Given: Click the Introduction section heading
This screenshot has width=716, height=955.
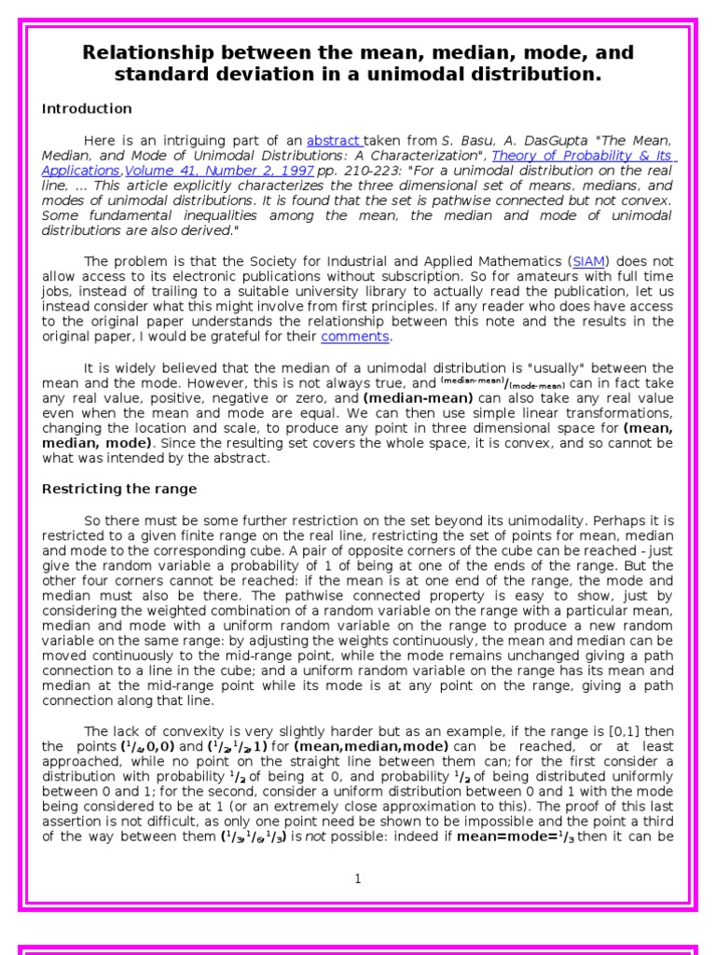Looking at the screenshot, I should coord(87,109).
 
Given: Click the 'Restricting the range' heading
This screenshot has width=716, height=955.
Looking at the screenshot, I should coord(119,489).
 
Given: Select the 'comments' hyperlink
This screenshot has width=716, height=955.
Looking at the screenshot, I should coord(354,336).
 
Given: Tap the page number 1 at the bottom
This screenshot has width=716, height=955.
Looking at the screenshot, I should coord(357,879).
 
